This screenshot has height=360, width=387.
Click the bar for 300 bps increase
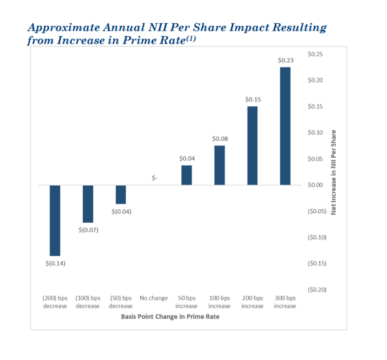(x=285, y=126)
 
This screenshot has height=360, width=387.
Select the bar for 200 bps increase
(x=252, y=146)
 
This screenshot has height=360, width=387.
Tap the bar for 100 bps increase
(x=219, y=165)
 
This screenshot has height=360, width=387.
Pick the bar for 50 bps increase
(x=187, y=175)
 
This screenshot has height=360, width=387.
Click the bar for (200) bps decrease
(x=55, y=220)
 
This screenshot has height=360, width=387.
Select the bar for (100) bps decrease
(x=88, y=204)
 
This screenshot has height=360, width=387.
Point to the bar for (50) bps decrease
(x=121, y=195)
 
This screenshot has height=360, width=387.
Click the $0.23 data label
(x=285, y=61)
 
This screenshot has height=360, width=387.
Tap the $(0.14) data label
(x=55, y=263)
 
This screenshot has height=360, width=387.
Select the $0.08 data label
(x=219, y=139)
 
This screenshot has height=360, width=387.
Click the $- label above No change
(x=155, y=178)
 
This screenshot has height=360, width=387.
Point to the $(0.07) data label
(x=88, y=230)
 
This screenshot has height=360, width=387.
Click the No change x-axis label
(x=154, y=299)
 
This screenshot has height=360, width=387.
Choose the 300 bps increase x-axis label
(x=285, y=302)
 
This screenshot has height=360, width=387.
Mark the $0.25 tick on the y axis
(x=315, y=54)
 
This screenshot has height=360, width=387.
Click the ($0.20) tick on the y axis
(x=317, y=290)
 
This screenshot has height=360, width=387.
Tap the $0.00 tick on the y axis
(x=315, y=185)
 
